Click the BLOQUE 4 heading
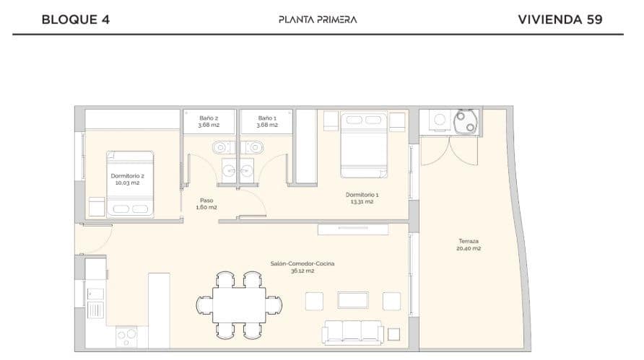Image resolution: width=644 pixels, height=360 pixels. pyautogui.click(x=76, y=19)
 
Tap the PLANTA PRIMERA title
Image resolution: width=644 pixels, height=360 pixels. pyautogui.click(x=318, y=19)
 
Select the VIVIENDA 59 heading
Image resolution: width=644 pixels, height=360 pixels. pyautogui.click(x=560, y=19)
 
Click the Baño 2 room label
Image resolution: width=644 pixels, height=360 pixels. pyautogui.click(x=209, y=120)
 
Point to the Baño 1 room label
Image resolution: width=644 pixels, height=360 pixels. pyautogui.click(x=267, y=120)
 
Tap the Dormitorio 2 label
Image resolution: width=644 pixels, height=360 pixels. pyautogui.click(x=127, y=179)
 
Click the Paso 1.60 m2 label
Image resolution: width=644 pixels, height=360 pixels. pyautogui.click(x=206, y=203)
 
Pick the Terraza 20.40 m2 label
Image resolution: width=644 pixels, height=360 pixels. pyautogui.click(x=469, y=245)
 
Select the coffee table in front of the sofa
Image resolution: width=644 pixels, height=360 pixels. pyautogui.click(x=353, y=299)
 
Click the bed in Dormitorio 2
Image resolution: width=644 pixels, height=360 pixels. pyautogui.click(x=131, y=185)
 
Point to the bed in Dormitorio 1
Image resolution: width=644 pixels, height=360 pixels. pyautogui.click(x=364, y=144)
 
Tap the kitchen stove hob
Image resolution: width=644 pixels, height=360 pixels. pyautogui.click(x=127, y=336)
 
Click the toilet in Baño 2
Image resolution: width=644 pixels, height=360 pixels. pyautogui.click(x=220, y=147)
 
